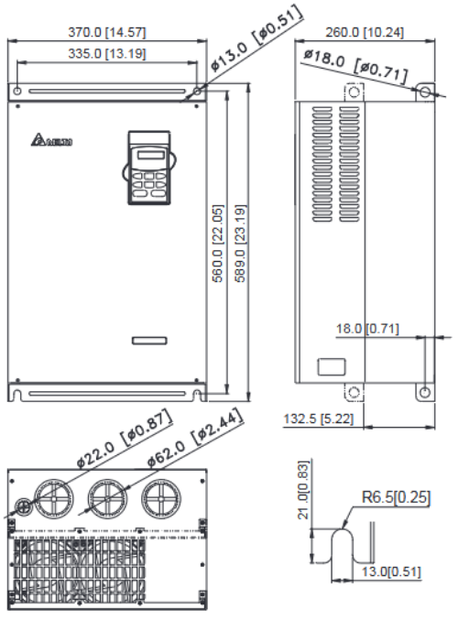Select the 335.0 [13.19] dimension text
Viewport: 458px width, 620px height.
click(x=107, y=53)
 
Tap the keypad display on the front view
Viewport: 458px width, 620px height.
click(x=147, y=155)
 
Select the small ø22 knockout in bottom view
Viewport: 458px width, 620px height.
click(x=21, y=505)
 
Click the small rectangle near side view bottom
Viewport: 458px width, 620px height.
click(x=330, y=365)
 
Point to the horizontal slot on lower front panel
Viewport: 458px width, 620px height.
click(x=148, y=340)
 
